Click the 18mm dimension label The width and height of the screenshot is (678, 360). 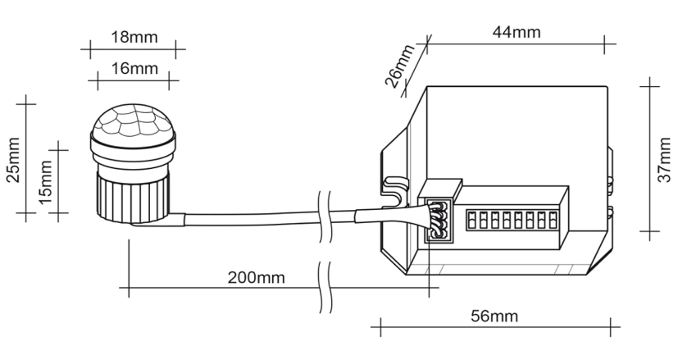[134, 39]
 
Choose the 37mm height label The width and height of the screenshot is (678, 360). [667, 160]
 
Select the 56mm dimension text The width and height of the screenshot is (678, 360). [493, 316]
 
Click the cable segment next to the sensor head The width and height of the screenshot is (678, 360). [246, 221]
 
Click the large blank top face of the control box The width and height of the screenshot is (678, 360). [508, 131]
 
